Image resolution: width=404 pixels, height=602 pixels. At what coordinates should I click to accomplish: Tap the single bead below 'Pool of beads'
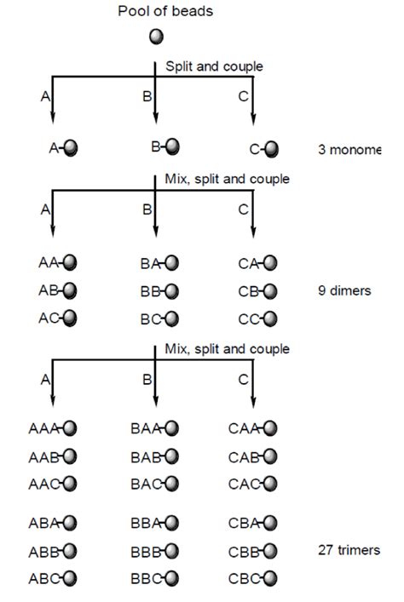coord(156,37)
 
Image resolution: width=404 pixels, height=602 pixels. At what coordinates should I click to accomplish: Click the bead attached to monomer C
coord(270,149)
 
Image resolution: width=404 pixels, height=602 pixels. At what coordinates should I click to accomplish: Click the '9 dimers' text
coord(343,291)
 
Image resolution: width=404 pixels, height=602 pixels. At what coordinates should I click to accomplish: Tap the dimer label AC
coord(47,318)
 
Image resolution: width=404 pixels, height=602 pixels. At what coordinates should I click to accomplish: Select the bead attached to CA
coord(270,263)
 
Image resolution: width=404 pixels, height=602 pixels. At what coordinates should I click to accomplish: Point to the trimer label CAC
coord(244,484)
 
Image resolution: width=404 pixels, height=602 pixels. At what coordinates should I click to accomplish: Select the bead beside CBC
coord(270,578)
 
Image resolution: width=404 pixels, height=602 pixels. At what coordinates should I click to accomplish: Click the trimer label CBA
coord(244,523)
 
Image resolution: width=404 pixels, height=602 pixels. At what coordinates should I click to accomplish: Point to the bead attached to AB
coord(69,291)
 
